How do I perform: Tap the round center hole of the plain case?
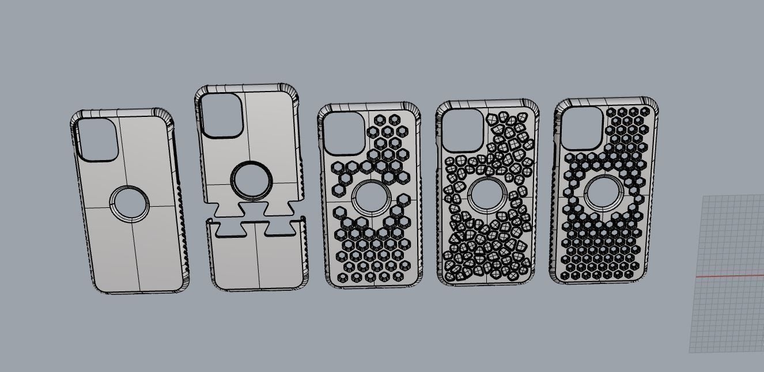tap(129, 203)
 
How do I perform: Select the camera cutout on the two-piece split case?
tap(221, 115)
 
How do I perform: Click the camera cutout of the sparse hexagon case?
tap(343, 133)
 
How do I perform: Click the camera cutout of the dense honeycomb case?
tap(581, 128)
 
